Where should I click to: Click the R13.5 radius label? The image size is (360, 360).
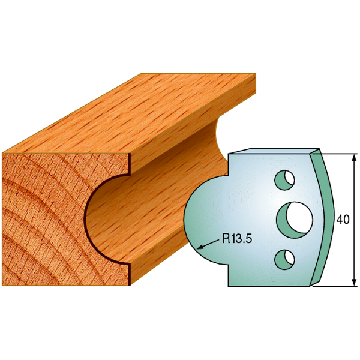coord(237,238)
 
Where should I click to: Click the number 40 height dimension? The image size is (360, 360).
coord(343,220)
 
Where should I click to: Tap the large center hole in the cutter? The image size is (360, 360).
coord(295,220)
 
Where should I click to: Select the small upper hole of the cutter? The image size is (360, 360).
coord(284,180)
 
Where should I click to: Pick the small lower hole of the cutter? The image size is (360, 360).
coord(284,260)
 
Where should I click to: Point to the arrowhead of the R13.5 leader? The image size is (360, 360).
coord(200,247)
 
